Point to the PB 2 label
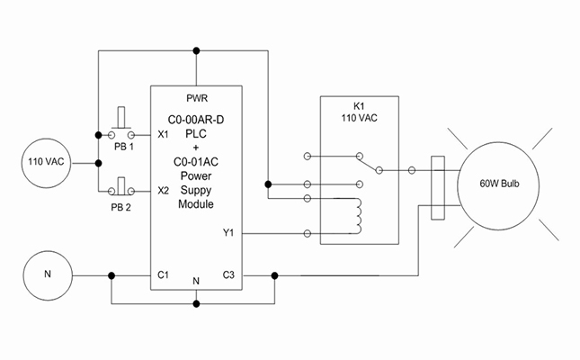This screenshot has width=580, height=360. pos(122,206)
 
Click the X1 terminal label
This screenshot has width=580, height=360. pos(163,135)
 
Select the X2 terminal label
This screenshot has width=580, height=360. pos(163,191)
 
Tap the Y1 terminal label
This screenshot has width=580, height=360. pos(228,233)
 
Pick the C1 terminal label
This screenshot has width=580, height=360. pos(164,274)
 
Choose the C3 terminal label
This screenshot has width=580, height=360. pos(228,274)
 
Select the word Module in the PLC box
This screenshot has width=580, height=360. pos(196,204)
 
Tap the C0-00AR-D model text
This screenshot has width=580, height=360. pos(196,119)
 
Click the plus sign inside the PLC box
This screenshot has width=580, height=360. pos(196,148)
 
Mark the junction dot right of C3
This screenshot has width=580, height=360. pos(274,274)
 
